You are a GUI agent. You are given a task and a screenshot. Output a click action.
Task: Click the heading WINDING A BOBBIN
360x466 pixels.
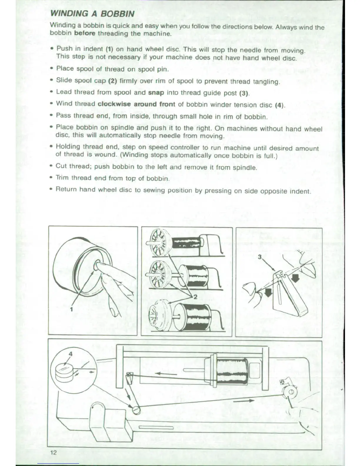coord(92,14)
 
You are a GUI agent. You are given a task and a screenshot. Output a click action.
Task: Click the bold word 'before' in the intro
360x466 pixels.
coord(85,33)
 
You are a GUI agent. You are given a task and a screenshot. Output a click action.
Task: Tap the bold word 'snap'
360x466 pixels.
coord(156,92)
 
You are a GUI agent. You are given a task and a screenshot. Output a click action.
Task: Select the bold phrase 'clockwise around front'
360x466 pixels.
coord(136,104)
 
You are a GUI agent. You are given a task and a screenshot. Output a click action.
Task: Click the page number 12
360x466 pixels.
coord(53,452)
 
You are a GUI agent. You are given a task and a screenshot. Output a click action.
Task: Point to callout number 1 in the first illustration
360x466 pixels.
coord(71,309)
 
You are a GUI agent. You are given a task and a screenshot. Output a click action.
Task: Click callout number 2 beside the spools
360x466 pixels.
coord(195,297)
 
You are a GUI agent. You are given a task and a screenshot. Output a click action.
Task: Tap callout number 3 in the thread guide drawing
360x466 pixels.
coord(260,257)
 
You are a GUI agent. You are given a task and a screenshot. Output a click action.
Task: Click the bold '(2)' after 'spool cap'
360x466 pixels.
coord(113,81)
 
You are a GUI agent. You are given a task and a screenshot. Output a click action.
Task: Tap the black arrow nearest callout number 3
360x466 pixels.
coord(295,277)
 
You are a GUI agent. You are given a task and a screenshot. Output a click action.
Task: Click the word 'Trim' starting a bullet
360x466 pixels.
coord(62,177)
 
